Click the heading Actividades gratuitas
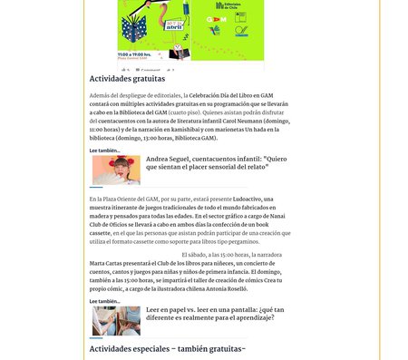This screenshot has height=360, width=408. pyautogui.click(x=127, y=79)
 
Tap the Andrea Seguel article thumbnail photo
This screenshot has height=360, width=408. pyautogui.click(x=116, y=170)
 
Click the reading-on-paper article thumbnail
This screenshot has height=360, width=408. pyautogui.click(x=116, y=320)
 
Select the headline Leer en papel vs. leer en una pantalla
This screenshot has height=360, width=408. pyautogui.click(x=209, y=313)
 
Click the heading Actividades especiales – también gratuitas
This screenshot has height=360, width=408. pyautogui.click(x=167, y=348)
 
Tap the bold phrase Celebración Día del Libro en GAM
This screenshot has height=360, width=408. pyautogui.click(x=231, y=95)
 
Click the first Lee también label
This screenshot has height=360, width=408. pyautogui.click(x=104, y=151)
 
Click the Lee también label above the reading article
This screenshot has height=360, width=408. pyautogui.click(x=104, y=301)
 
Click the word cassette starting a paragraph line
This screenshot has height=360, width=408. pyautogui.click(x=102, y=232)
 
